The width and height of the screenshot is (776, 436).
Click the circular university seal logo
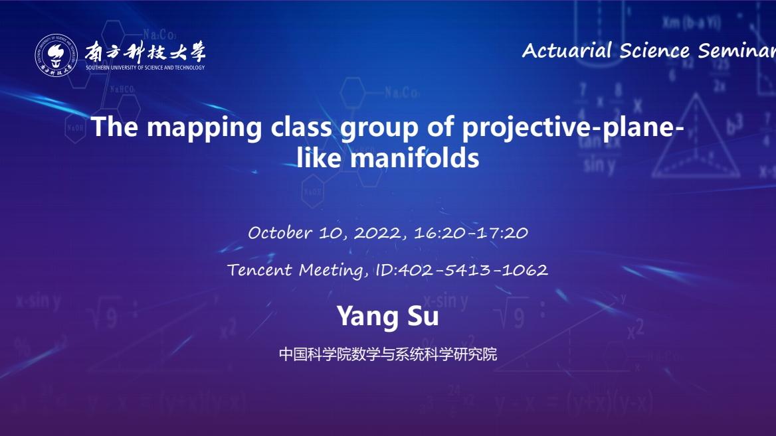(x=56, y=55)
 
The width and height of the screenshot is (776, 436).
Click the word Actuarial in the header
(x=567, y=50)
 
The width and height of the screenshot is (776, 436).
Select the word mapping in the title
(x=204, y=128)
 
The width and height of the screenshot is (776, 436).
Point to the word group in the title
(x=379, y=128)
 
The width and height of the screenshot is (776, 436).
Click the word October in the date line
(x=280, y=232)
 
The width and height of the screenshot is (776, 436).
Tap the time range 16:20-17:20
(x=470, y=233)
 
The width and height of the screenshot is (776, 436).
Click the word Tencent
(x=260, y=270)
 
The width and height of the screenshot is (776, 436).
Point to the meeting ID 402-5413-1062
(x=472, y=270)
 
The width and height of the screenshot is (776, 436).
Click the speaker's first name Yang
(x=368, y=317)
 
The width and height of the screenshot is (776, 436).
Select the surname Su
(x=423, y=316)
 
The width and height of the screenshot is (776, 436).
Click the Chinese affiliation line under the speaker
(x=387, y=354)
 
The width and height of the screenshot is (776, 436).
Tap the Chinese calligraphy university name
(x=145, y=52)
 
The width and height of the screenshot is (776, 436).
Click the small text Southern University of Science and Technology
(x=145, y=68)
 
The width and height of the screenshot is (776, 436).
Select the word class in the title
(x=301, y=127)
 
